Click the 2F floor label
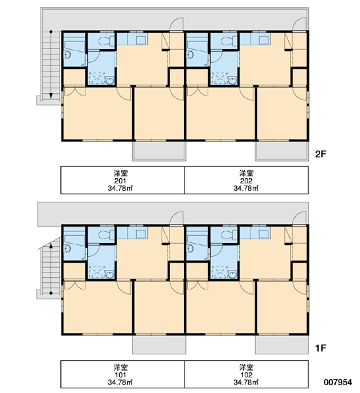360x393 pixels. pos(321,154)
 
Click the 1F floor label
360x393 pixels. pos(321,348)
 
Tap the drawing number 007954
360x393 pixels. pos(338,383)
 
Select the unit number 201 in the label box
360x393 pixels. pos(120,181)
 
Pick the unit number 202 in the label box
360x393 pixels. pos(246,181)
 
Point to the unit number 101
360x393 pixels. pos(120,375)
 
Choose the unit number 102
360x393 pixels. pos(246,375)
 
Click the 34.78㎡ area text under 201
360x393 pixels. pos(120,188)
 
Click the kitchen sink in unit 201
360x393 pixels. pos(141,39)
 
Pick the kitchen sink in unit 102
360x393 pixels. pos(264,234)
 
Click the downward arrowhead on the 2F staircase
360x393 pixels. pos(51,96)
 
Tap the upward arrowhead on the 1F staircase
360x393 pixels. pos(51,246)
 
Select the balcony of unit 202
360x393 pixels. pos(282,151)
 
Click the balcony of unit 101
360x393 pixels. pos(159,345)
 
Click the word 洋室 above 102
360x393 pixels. pos(246,367)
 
